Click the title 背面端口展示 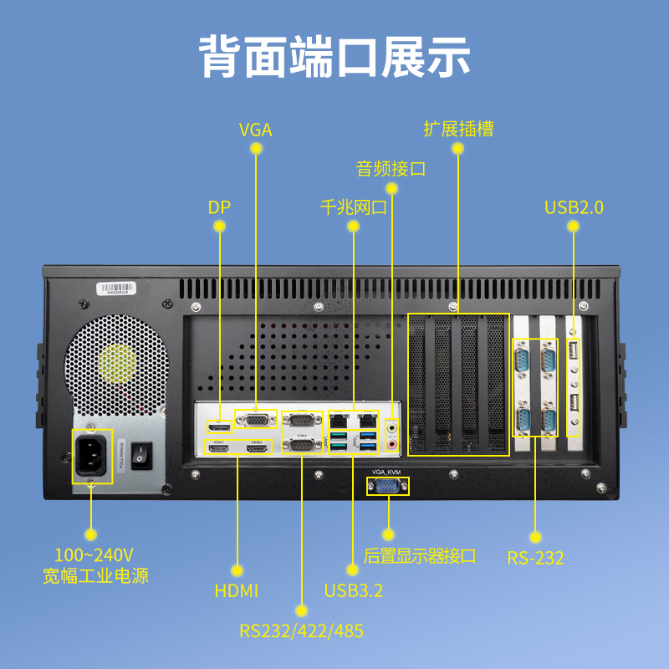(x=334, y=56)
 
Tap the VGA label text (x=256, y=130)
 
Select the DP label (x=219, y=207)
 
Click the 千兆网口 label (x=354, y=207)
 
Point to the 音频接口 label (x=391, y=169)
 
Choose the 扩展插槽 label (x=458, y=129)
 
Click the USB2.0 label (x=574, y=207)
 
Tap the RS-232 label (x=536, y=558)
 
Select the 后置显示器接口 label (x=421, y=555)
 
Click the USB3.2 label (x=354, y=591)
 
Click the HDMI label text (x=237, y=591)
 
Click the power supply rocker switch (x=140, y=455)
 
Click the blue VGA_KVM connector (x=387, y=486)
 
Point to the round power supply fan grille (x=117, y=363)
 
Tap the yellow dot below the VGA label (x=256, y=149)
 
